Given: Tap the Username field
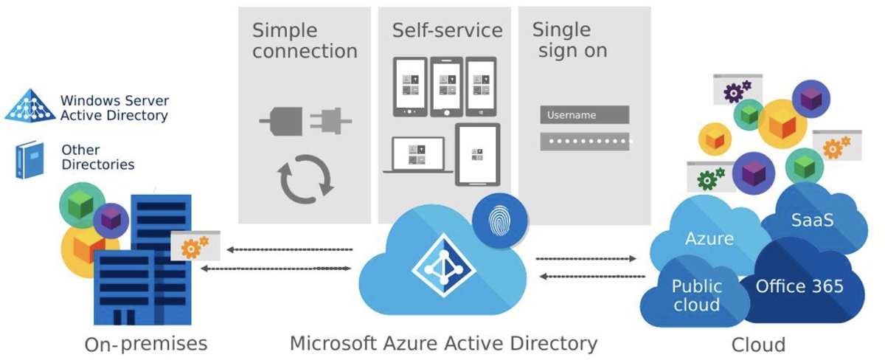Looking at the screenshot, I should (x=584, y=115).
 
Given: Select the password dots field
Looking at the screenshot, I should (x=586, y=141).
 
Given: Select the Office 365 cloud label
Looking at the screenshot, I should (x=799, y=286).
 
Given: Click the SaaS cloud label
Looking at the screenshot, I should (x=813, y=220).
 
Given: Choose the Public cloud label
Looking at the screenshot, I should (x=697, y=295).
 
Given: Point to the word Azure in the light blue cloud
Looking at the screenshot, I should (x=709, y=238).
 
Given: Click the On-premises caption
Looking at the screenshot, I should (x=145, y=345).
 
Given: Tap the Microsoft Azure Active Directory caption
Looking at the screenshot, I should (x=443, y=343).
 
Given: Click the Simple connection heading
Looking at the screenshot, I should (x=305, y=41).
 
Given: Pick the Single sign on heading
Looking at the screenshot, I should (x=569, y=41).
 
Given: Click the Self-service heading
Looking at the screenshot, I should (x=447, y=30).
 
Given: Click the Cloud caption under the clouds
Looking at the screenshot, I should (x=758, y=345).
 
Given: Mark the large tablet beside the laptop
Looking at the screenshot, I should (x=478, y=154).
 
